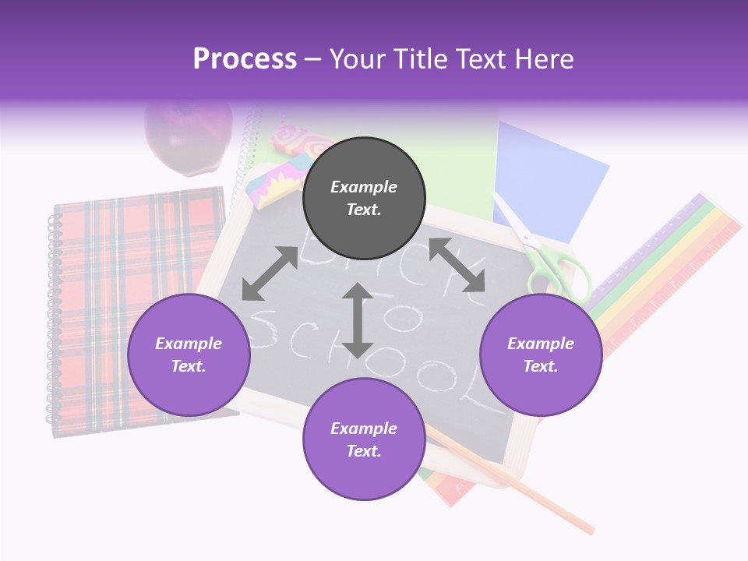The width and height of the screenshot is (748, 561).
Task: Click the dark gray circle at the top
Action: (364, 198)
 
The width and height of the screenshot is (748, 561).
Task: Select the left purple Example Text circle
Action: (189, 355)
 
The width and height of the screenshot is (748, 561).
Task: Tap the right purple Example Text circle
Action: (541, 355)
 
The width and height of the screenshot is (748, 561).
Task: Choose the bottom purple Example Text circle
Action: (364, 439)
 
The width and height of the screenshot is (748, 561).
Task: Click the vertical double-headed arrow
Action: (358, 320)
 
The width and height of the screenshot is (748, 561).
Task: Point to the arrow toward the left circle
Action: (270, 273)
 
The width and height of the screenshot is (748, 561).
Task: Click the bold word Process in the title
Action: (245, 58)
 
